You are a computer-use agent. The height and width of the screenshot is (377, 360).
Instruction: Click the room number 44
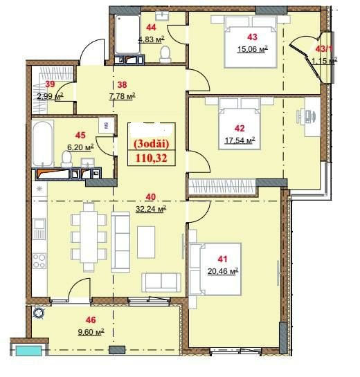(151, 27)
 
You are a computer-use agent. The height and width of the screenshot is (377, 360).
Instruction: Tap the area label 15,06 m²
(253, 49)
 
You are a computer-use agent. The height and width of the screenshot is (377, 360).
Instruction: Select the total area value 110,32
(152, 158)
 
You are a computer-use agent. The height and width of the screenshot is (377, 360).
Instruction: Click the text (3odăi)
(152, 144)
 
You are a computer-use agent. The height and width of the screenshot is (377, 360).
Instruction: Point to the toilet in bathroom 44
(165, 55)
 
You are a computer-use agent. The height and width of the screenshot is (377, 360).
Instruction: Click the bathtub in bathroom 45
(43, 144)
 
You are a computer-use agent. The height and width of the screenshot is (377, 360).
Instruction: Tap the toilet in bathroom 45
(66, 158)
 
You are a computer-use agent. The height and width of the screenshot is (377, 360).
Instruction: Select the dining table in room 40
(89, 237)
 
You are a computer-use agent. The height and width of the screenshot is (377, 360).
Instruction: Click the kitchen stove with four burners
(39, 261)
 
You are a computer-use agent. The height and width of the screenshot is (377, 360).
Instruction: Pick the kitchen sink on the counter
(39, 228)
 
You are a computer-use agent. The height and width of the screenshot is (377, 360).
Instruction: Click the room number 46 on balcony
(91, 320)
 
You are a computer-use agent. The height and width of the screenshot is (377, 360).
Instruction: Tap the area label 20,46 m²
(223, 271)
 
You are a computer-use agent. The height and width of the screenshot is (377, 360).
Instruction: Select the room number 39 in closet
(50, 84)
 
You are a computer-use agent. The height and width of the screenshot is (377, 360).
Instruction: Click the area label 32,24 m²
(151, 209)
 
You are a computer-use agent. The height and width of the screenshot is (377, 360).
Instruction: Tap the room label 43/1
(324, 49)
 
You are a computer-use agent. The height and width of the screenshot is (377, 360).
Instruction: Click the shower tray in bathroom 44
(127, 35)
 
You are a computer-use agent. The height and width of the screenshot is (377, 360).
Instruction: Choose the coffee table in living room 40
(146, 242)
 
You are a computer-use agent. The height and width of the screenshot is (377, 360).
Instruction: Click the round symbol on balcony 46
(38, 313)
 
